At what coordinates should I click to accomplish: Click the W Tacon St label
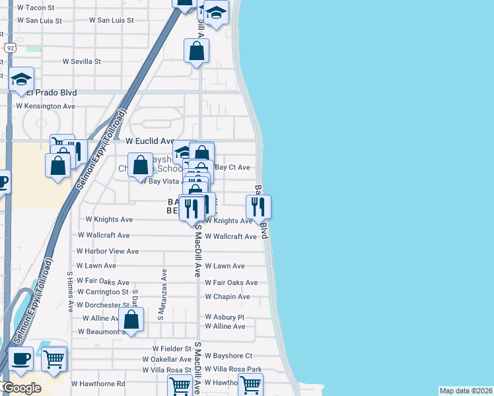point(36,7)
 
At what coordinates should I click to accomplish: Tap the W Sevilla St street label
point(81,61)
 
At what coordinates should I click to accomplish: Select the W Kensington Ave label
point(46,106)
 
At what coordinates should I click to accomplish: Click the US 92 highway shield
point(9,48)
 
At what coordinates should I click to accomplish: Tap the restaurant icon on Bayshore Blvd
point(258,207)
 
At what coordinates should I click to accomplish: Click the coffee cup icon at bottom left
point(20,359)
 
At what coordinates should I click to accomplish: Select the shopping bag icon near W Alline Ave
point(132,320)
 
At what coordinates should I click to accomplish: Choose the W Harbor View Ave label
point(107,251)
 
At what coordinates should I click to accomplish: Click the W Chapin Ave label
point(227,297)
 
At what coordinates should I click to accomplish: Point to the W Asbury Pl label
point(225,317)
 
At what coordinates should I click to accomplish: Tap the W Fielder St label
point(171,348)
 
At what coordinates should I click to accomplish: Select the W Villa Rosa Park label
point(233,370)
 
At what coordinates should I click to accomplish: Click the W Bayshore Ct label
point(229,356)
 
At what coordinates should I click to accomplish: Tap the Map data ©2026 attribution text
point(466,391)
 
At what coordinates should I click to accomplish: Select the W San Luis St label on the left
point(39,20)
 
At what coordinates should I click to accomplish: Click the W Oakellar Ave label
point(166,360)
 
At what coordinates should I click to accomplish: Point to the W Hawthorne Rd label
point(98,383)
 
